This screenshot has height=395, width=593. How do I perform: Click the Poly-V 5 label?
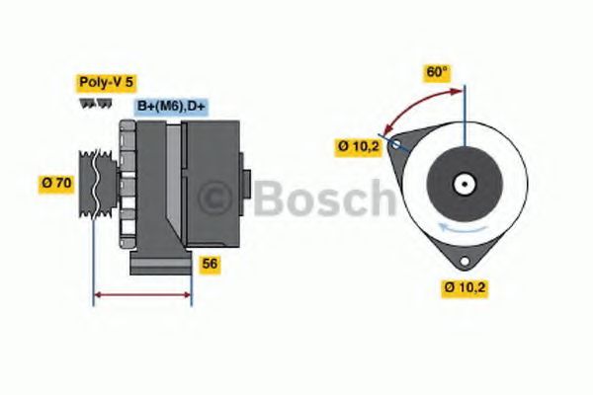click(x=106, y=82)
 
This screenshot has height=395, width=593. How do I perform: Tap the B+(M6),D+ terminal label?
click(x=171, y=107)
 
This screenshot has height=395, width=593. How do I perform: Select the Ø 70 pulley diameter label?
click(x=56, y=184)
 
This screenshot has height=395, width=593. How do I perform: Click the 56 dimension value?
click(x=210, y=264)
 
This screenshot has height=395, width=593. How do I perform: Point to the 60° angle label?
click(x=437, y=72)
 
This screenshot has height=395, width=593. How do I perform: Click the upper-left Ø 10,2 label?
click(x=358, y=146)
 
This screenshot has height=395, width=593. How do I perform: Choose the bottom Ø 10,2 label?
click(x=465, y=287)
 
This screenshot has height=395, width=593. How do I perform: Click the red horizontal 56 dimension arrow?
click(x=142, y=295)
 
